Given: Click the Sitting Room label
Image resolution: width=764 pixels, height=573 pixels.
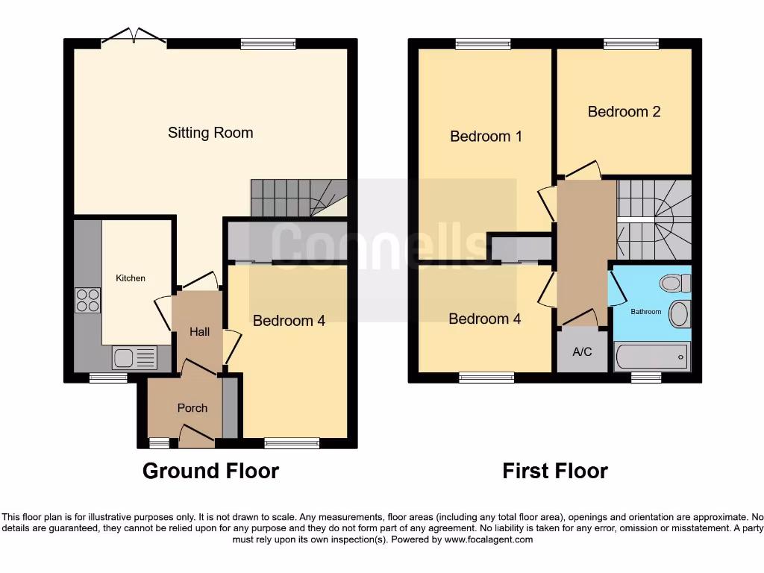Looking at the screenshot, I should [x=210, y=133].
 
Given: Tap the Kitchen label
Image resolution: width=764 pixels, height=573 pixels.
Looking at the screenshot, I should [x=131, y=278].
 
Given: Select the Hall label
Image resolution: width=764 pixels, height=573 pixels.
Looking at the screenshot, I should [x=199, y=331].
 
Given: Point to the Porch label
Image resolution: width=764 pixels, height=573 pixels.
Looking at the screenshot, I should [x=192, y=408].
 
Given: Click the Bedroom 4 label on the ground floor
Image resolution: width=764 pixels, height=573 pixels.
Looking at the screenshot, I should [x=289, y=321].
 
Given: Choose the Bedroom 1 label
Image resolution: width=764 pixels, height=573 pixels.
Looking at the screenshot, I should [x=486, y=137].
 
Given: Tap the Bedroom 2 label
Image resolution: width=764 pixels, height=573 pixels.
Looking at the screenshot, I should [x=624, y=112].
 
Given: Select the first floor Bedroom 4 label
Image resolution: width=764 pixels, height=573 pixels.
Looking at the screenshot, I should [x=484, y=319].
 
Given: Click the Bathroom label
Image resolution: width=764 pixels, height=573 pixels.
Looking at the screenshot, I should [x=646, y=312].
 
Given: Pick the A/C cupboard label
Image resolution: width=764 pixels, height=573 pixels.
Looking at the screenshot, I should [x=582, y=351].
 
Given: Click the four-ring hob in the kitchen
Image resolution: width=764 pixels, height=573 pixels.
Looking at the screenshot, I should [x=87, y=300].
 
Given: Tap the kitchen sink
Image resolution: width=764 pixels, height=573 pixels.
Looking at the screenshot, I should [x=134, y=358].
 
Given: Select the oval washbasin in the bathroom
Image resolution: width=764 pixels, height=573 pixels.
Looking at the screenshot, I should [x=678, y=314].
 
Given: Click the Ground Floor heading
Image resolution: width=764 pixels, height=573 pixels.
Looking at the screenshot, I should [x=210, y=472].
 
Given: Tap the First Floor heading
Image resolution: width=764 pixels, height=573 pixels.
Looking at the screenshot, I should [x=555, y=472].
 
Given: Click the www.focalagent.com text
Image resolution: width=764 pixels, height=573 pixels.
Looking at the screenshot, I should [x=489, y=539].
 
